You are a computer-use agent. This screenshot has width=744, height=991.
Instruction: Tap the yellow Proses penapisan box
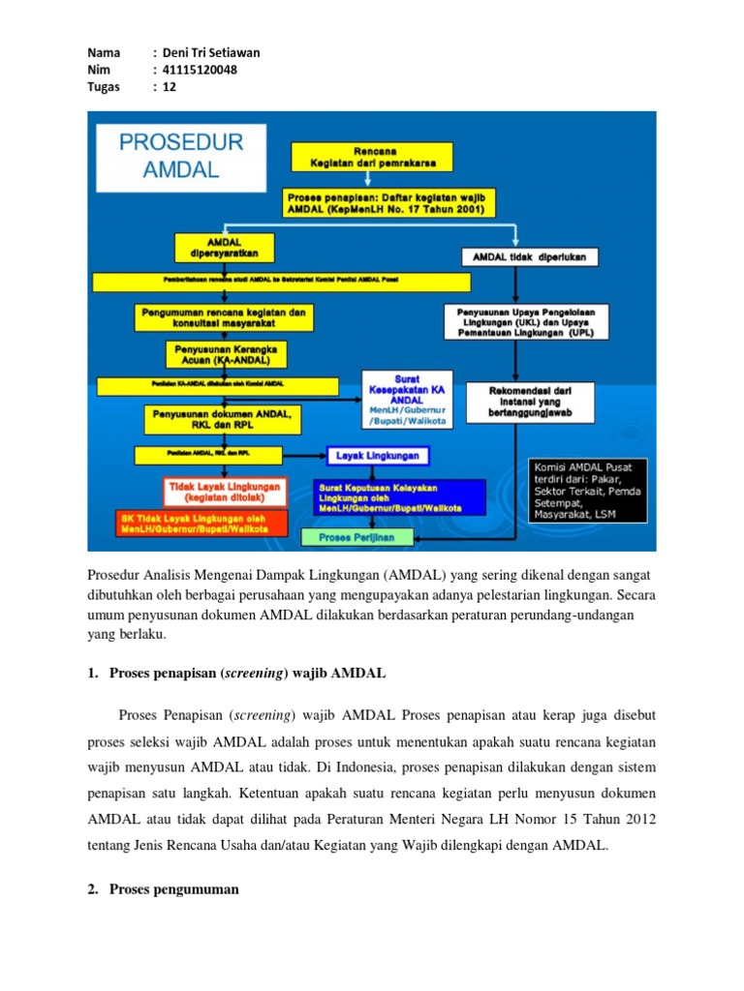click(389, 202)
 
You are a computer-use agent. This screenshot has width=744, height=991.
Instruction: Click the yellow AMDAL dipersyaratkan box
click(224, 246)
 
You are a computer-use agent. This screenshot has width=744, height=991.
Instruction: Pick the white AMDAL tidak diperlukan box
click(528, 257)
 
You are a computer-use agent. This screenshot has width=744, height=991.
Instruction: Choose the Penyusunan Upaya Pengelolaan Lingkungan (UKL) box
click(527, 321)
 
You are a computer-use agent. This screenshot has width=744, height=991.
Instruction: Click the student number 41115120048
click(201, 70)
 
